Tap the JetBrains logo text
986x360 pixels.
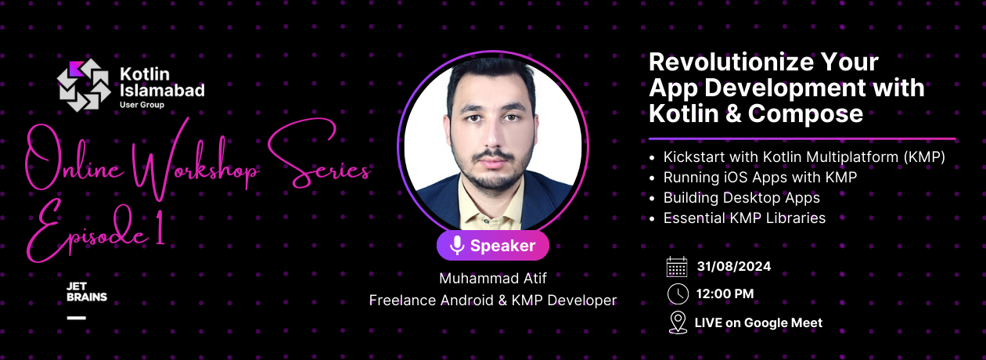pos(86,292)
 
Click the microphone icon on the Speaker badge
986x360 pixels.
pos(457,246)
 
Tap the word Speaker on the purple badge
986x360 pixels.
pos(503,246)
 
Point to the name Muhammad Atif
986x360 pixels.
pos(492,279)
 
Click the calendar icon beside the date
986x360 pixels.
pos(677,267)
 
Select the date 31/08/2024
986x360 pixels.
pos(734,267)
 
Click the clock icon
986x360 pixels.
pos(678,294)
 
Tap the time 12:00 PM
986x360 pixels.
pos(725,294)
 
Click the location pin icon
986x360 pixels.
pos(678,322)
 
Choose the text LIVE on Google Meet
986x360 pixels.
pos(758,322)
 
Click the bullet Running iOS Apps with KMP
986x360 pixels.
pos(760,178)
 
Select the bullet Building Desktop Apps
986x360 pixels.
pos(741,198)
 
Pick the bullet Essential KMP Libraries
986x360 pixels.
pos(744,218)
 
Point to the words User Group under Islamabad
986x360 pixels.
pos(142,104)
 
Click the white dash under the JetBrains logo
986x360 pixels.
pos(77,317)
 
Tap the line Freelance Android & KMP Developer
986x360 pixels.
pos(492,300)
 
